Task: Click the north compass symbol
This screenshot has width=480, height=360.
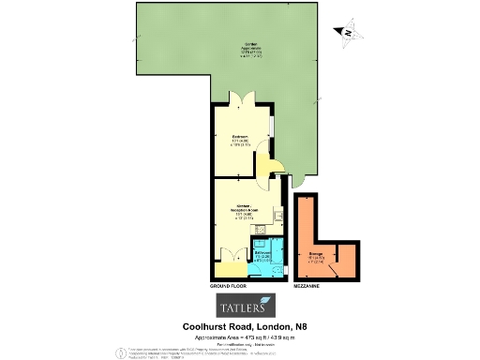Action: coord(347,32)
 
